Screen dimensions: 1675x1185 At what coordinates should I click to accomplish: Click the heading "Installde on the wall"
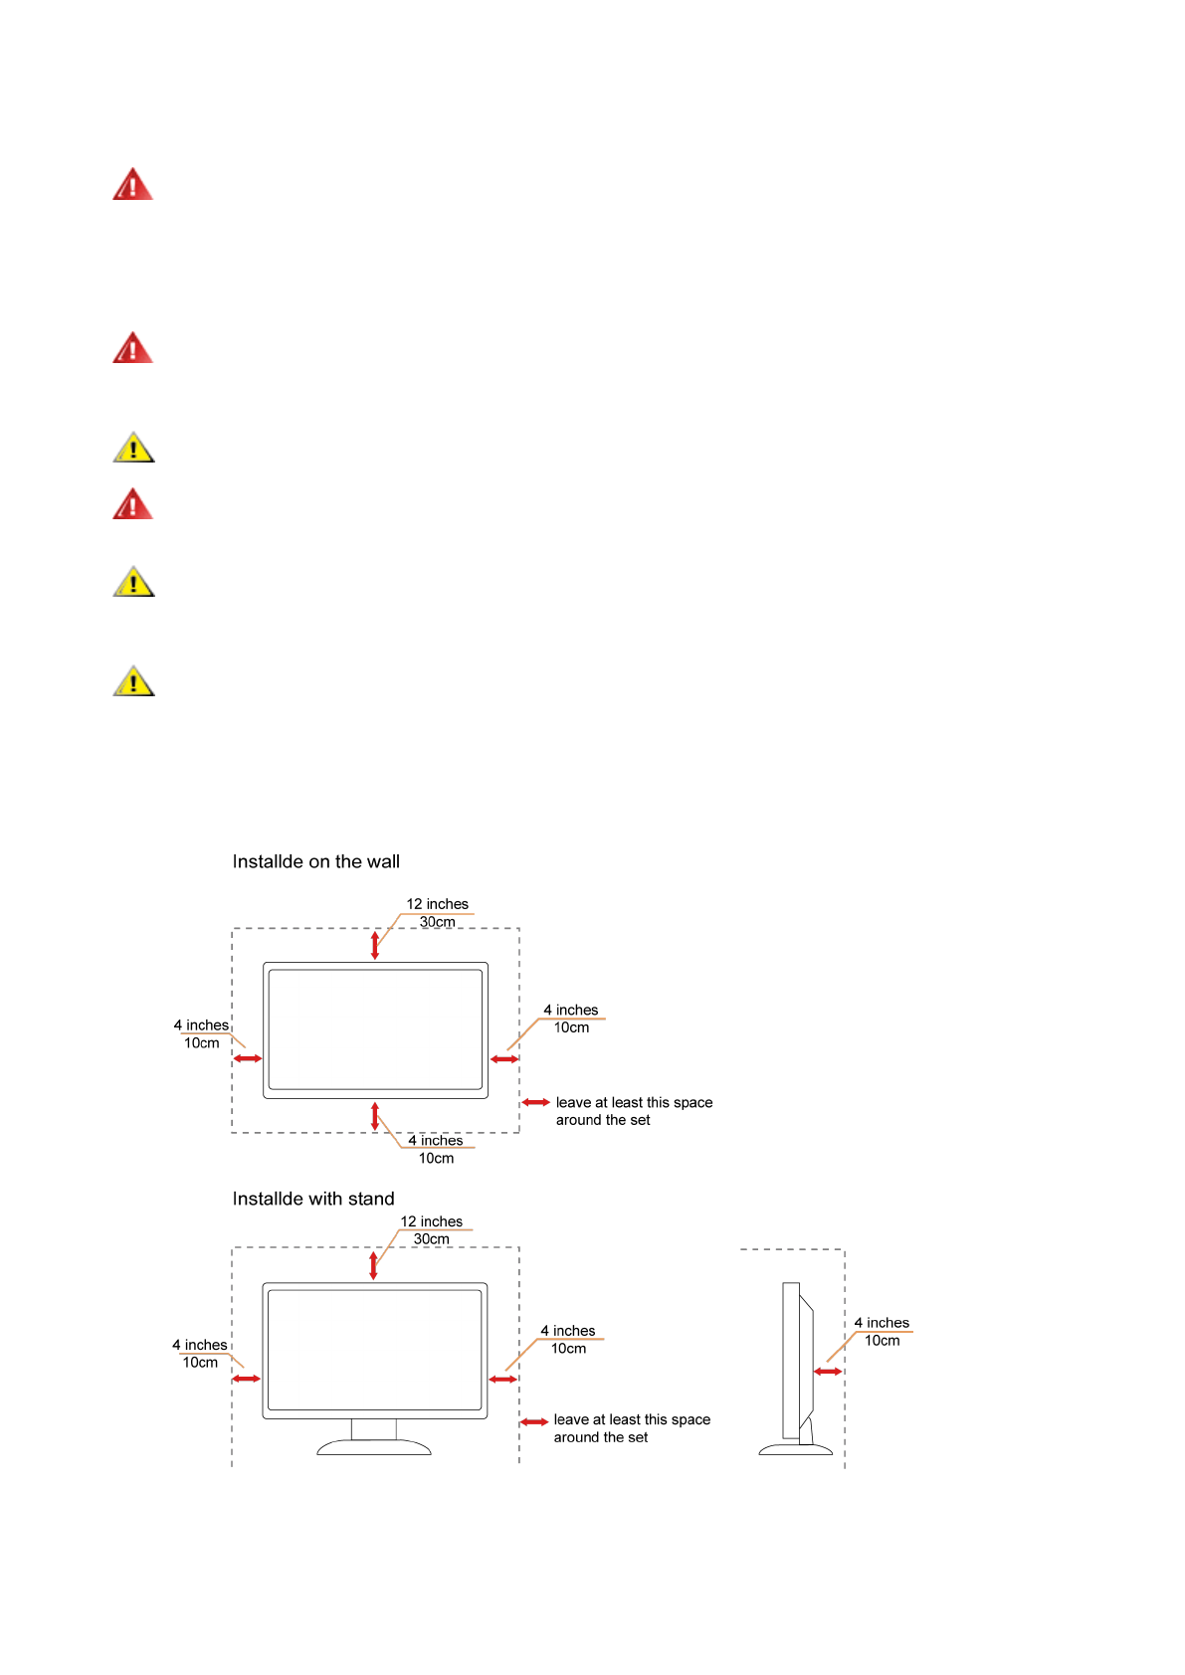coord(315,862)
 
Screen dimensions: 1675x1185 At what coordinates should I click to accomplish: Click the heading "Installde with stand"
coord(313,1200)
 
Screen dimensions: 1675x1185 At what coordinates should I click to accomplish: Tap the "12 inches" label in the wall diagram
coord(437,904)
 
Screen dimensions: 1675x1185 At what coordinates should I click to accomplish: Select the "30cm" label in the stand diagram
coord(431,1239)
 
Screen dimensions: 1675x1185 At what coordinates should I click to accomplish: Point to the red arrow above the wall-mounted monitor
coord(375,945)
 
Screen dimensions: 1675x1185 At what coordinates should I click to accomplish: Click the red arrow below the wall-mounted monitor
coord(375,1116)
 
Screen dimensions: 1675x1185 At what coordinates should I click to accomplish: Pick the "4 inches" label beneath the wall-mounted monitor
coord(435,1141)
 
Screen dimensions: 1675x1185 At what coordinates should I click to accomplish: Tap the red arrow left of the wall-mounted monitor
coord(248,1058)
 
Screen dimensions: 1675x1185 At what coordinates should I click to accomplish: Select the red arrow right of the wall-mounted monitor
coord(504,1059)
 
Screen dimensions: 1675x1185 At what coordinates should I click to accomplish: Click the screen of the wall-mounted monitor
coord(375,1029)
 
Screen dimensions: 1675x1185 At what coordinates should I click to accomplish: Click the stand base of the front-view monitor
coord(374,1447)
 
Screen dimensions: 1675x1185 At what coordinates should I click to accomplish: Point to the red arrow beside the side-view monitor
coord(828,1372)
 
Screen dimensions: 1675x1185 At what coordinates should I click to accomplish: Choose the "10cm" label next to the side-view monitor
coord(882,1341)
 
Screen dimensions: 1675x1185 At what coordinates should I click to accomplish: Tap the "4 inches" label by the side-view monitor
coord(882,1323)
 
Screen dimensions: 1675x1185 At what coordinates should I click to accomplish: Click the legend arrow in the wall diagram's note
coord(536,1103)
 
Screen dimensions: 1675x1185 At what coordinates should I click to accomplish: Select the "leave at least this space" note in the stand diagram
coord(632,1420)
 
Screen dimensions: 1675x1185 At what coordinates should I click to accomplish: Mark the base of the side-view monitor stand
coord(795,1450)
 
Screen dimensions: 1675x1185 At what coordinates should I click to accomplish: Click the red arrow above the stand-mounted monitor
coord(373,1265)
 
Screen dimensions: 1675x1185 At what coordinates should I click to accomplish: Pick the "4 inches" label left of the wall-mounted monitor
coord(201,1025)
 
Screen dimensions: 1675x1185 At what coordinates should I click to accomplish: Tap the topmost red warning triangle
coord(132,185)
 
